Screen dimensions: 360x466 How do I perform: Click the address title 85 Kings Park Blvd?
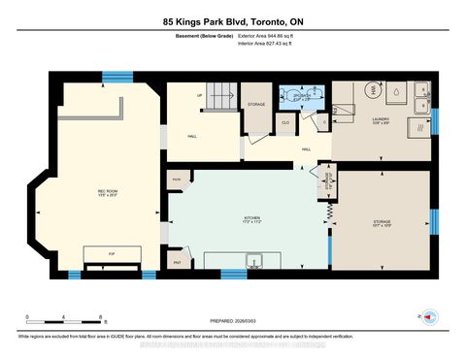tap(232, 20)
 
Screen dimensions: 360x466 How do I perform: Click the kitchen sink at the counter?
tap(255, 261)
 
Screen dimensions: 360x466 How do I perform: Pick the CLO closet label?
tap(286, 123)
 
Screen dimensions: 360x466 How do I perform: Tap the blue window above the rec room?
tap(117, 76)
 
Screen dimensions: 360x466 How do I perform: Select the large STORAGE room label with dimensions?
tap(381, 222)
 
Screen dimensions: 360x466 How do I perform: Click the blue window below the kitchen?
tap(233, 274)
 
